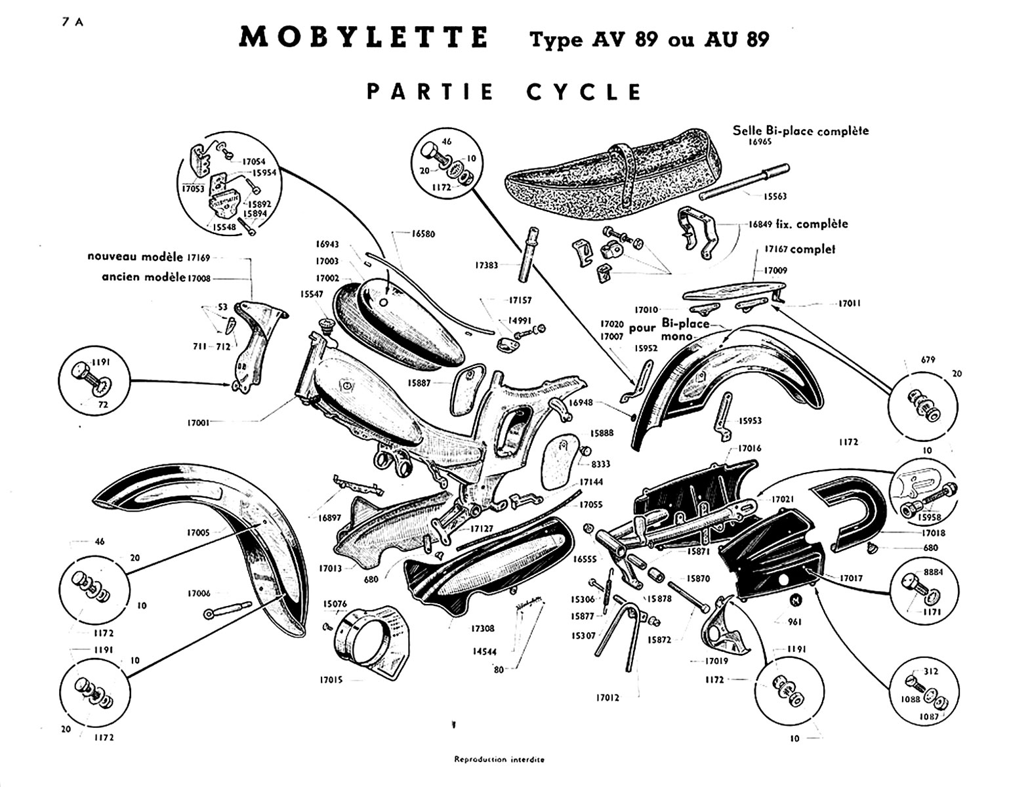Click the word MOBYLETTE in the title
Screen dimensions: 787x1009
(x=363, y=38)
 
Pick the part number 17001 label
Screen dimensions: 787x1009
(x=198, y=423)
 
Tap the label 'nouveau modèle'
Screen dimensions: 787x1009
(x=135, y=256)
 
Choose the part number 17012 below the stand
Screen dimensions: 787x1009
(x=607, y=698)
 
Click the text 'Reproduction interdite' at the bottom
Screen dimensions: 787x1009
(x=499, y=759)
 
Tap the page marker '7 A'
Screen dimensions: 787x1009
(x=72, y=21)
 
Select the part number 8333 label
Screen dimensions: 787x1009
(x=600, y=464)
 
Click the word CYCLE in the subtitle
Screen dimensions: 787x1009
(x=584, y=92)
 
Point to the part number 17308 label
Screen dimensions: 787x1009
(x=482, y=628)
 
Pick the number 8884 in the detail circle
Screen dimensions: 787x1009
(x=933, y=572)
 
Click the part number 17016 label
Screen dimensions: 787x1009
(x=749, y=449)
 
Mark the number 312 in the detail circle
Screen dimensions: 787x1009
(x=931, y=672)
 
